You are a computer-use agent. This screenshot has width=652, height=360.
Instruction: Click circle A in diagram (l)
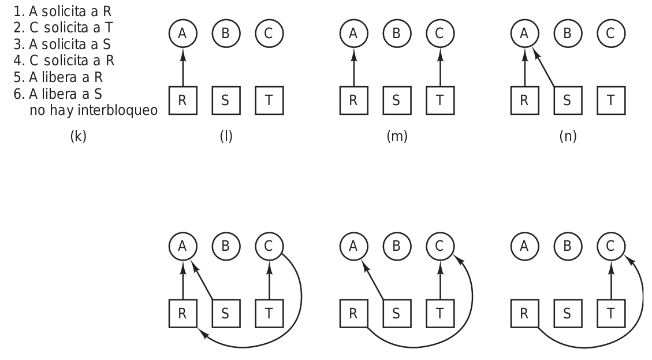[183, 34]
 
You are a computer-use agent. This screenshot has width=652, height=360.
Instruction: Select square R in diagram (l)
[183, 100]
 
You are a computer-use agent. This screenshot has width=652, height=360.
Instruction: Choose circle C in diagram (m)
[439, 34]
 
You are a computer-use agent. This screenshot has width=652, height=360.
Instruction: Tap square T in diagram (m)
[439, 100]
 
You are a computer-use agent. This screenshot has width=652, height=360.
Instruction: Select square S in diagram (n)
[567, 100]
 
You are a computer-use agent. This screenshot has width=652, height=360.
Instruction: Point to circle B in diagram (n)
[567, 34]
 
